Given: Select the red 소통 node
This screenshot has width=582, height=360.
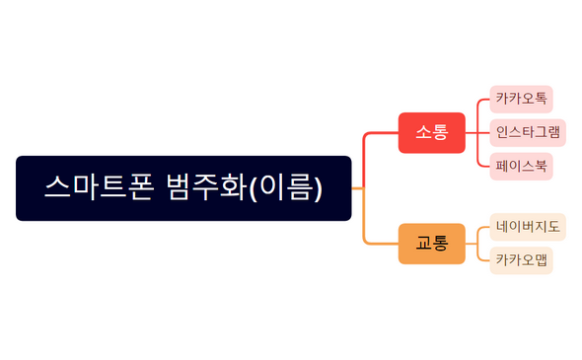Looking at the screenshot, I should [431, 132].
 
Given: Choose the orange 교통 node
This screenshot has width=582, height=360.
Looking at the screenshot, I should [431, 243].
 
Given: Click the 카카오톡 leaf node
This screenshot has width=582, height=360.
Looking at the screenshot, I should [521, 100].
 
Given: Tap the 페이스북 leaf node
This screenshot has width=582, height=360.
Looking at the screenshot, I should [521, 166].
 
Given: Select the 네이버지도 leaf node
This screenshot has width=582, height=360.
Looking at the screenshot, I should [528, 227].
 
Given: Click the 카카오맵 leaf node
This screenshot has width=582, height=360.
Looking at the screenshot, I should [521, 260].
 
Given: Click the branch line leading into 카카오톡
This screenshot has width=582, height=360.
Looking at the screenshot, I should [481, 102].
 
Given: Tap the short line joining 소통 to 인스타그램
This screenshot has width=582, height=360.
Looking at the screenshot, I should [477, 132].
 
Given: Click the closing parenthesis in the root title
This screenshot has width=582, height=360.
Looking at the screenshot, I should [318, 187].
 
